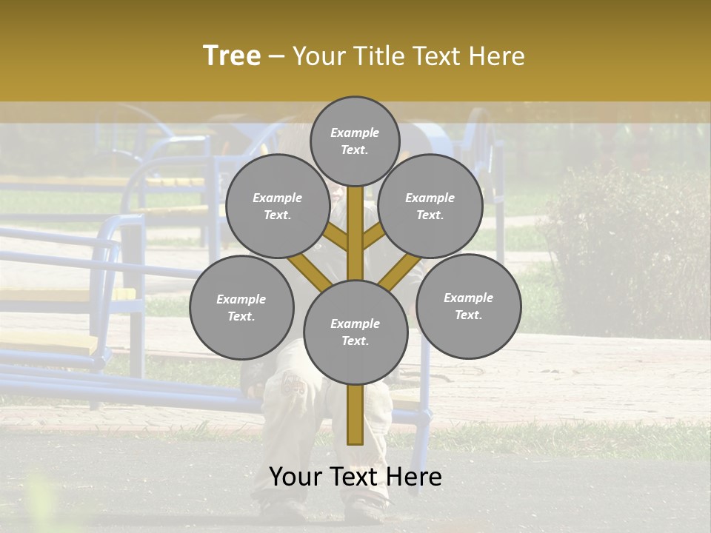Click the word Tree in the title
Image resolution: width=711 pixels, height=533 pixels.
click(232, 56)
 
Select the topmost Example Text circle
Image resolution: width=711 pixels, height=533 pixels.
click(355, 141)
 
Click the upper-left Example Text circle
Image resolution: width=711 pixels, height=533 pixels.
click(277, 207)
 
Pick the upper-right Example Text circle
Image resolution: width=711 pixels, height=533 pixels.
click(430, 207)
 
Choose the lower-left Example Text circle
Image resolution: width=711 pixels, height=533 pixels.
click(241, 308)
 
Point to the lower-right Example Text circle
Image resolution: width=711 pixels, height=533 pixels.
click(468, 306)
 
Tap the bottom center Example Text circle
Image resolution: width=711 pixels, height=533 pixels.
click(355, 332)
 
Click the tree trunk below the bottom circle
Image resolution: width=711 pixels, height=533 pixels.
click(355, 415)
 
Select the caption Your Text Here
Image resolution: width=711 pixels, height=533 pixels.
click(355, 477)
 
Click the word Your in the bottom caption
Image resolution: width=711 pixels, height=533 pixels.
click(296, 477)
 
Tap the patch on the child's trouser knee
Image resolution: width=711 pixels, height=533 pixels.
click(294, 384)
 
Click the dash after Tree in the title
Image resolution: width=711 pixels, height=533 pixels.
click(276, 56)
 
